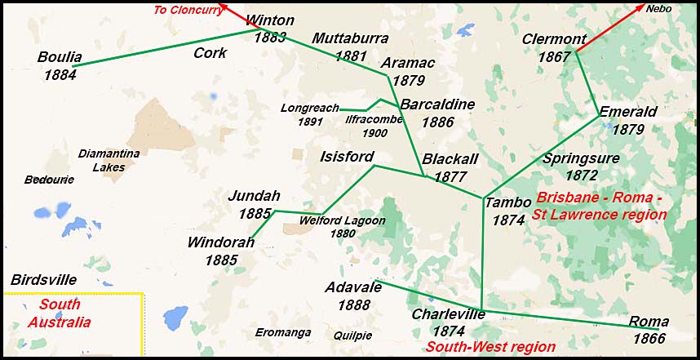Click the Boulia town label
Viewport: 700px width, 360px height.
[60, 57]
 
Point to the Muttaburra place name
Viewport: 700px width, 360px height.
[350, 39]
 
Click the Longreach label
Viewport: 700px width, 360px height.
[308, 108]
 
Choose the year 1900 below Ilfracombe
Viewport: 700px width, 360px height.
[375, 133]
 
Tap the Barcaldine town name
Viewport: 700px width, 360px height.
[437, 104]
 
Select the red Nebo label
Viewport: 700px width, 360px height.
[660, 9]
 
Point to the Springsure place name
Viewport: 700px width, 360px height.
[581, 158]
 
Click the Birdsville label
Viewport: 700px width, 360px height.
[43, 279]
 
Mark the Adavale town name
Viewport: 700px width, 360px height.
[353, 288]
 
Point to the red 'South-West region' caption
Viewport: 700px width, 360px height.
[490, 347]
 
